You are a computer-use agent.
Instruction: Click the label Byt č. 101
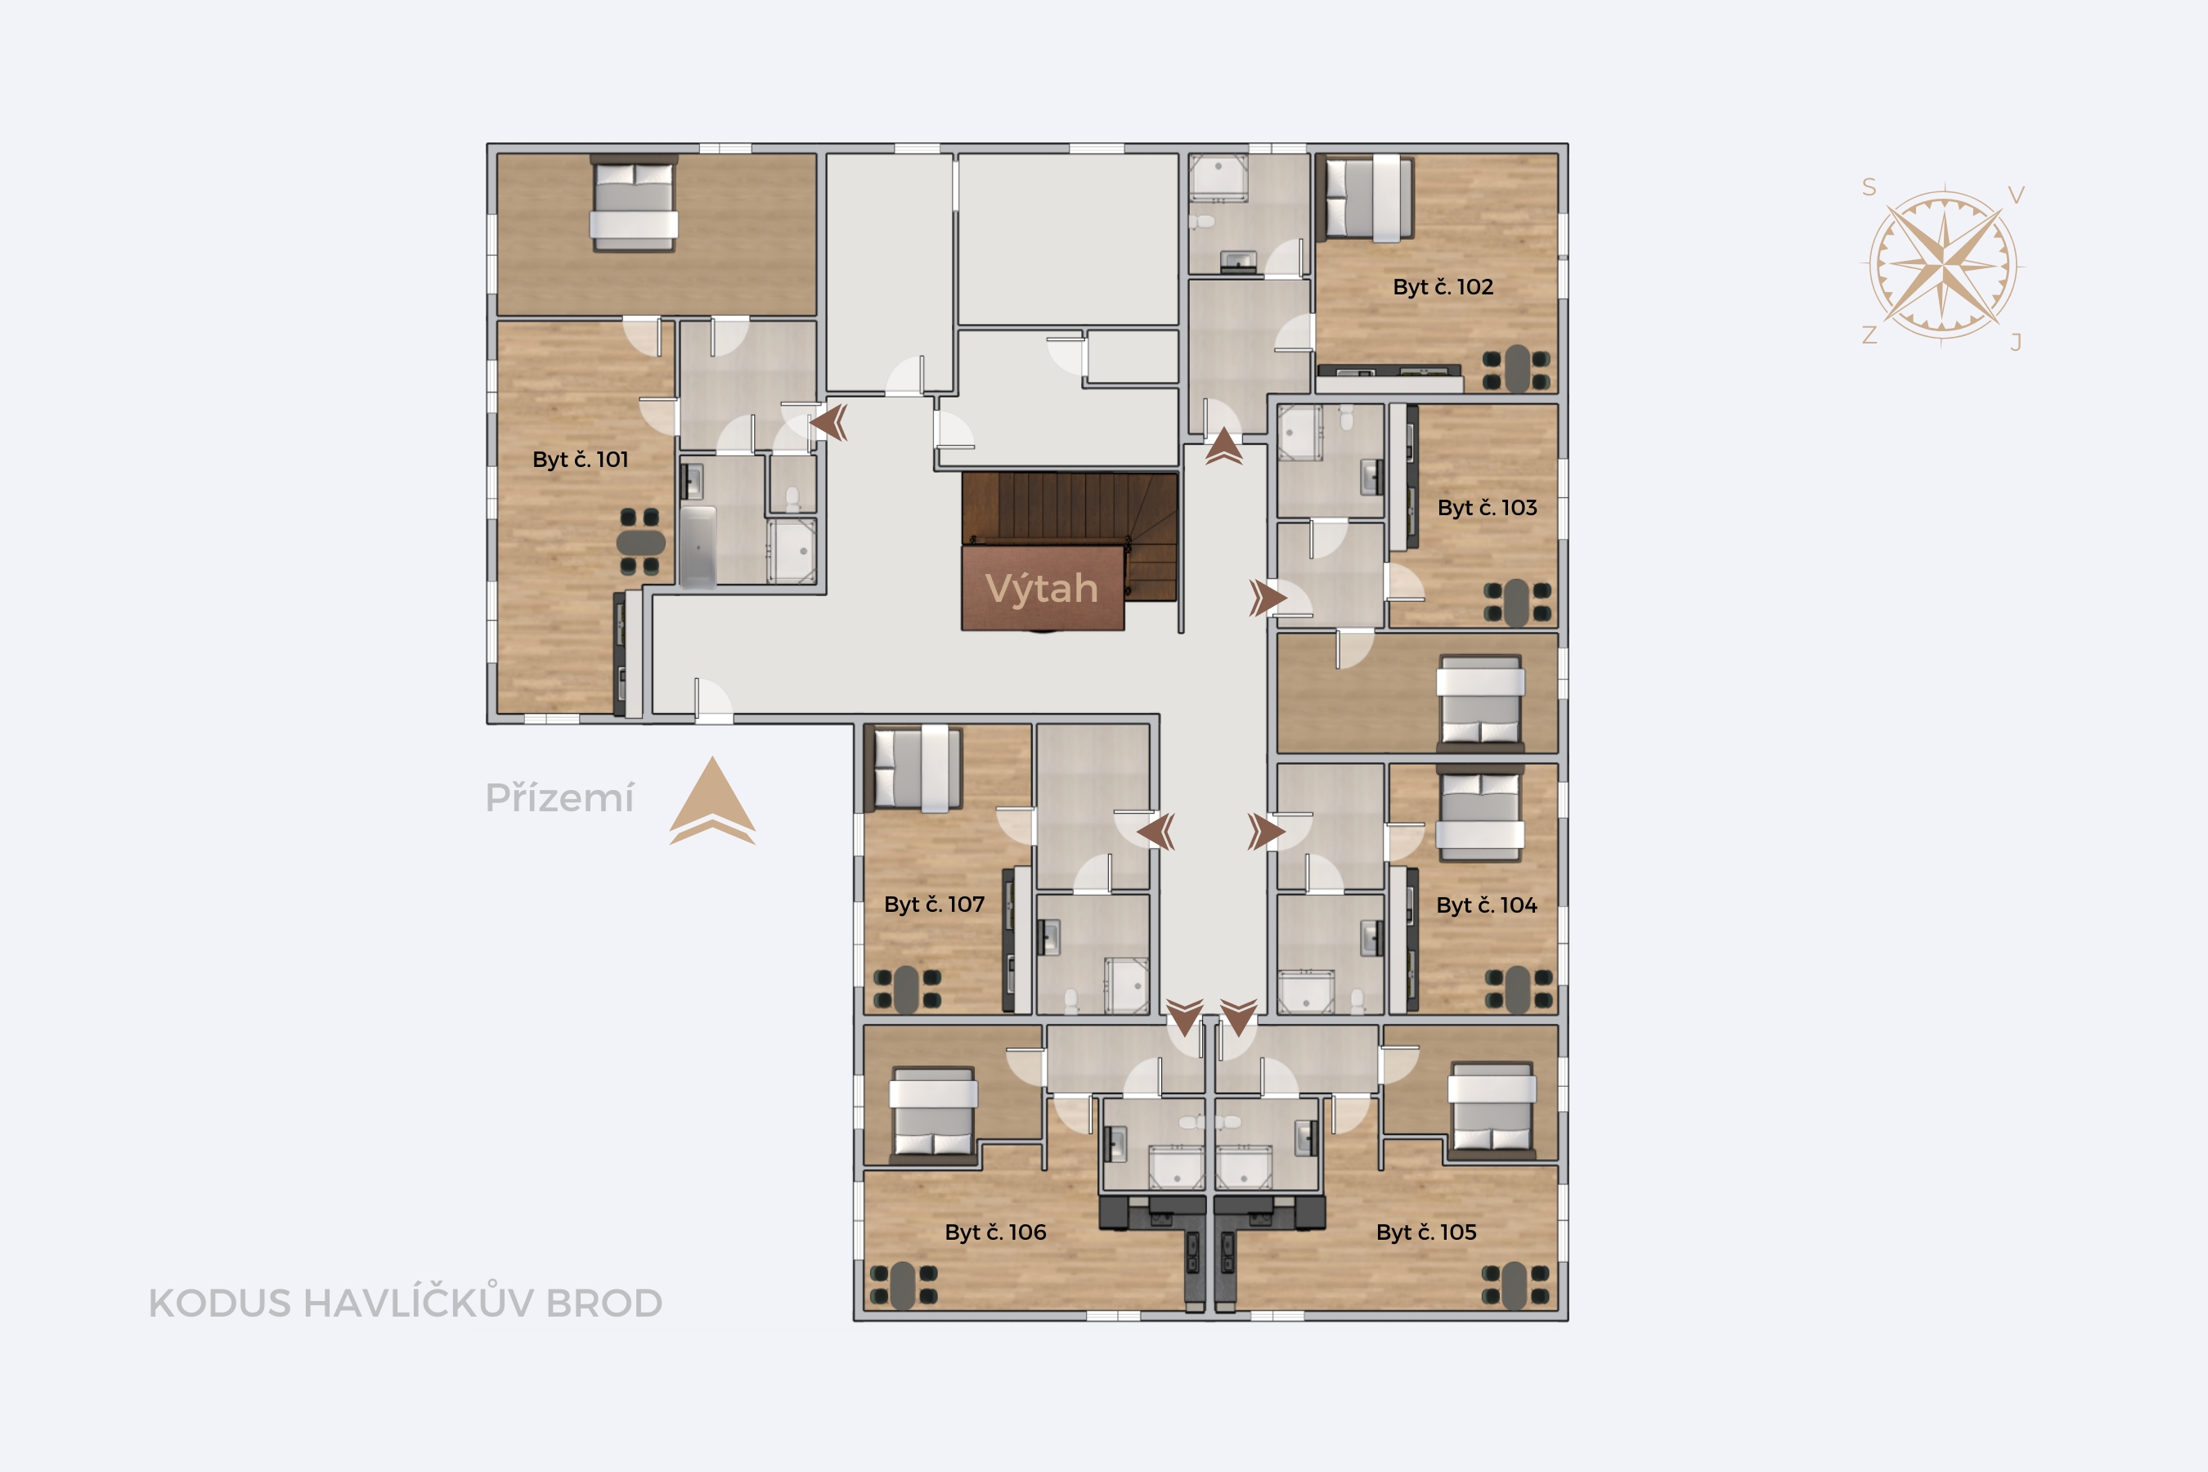(x=580, y=459)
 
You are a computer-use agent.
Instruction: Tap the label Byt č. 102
(x=1443, y=287)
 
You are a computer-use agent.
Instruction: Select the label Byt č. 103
(x=1487, y=508)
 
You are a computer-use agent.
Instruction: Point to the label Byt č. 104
(x=1487, y=905)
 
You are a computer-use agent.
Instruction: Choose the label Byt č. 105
(x=1426, y=1232)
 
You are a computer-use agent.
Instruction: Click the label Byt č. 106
(x=995, y=1232)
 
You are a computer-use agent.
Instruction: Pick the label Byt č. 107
(x=934, y=904)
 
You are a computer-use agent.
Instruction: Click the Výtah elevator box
(x=1042, y=589)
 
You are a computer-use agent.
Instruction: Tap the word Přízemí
(x=559, y=798)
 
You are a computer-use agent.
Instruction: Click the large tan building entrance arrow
(x=712, y=800)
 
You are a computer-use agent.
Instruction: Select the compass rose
(x=1942, y=264)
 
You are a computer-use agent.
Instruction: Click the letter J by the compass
(x=2016, y=342)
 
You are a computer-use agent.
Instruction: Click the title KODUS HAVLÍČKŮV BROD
(x=406, y=1303)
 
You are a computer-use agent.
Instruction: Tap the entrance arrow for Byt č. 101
(x=829, y=423)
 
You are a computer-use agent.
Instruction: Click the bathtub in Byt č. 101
(x=698, y=546)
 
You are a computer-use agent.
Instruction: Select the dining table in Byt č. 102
(x=1516, y=369)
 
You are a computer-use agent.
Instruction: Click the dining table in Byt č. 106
(x=903, y=1286)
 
